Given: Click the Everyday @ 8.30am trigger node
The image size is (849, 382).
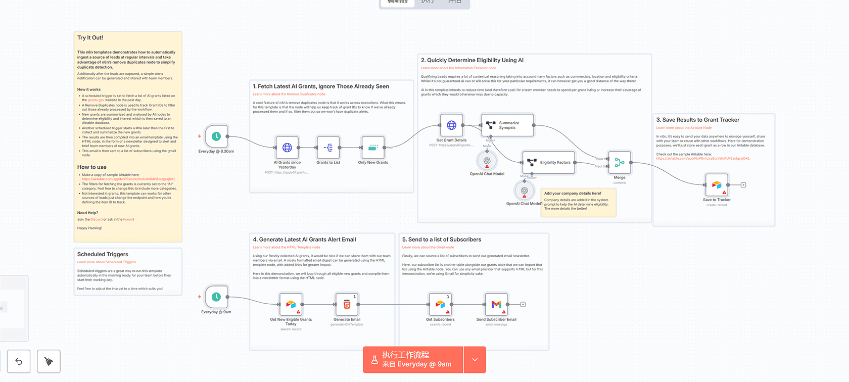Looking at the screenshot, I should point(216,136).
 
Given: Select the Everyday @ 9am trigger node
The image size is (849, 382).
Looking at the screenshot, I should point(216,297).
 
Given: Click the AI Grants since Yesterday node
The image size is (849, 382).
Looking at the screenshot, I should point(287,148).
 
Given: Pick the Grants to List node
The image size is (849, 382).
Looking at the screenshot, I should point(328,148).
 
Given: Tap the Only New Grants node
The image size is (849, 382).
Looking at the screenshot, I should point(373,148).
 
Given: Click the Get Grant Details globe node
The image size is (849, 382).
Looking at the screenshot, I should point(451,125).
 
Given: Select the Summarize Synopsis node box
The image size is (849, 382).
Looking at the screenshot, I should point(507,125).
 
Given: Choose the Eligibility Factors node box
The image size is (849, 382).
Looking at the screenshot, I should point(549,163).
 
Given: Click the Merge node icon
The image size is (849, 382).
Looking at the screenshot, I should point(620,163).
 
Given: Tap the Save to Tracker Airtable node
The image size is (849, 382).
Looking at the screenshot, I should point(717,185).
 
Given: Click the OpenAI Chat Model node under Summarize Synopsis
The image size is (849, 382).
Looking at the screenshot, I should point(487,161).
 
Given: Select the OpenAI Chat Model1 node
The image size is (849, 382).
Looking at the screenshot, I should point(524,190).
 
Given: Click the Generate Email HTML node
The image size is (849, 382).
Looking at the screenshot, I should point(347,304).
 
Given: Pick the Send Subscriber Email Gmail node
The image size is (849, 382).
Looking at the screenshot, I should point(496,304).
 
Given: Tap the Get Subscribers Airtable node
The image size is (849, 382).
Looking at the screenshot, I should point(440,304).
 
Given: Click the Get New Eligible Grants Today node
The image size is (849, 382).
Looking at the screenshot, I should point(291,304).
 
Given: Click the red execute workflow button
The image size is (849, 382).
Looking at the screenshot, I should point(413,360).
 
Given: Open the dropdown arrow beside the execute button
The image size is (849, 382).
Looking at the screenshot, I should point(475,360).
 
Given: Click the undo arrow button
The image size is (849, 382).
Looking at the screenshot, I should point(19,361).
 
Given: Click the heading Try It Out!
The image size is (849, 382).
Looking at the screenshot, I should point(90,38).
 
